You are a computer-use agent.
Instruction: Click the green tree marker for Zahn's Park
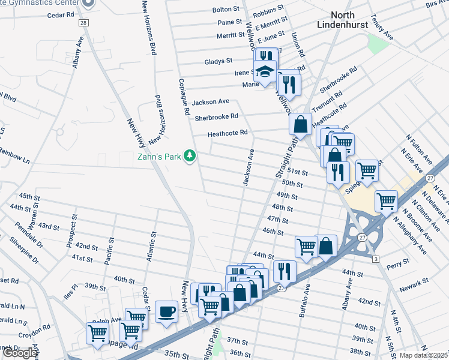[x=190, y=156]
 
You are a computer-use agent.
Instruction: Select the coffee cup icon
[x=166, y=312]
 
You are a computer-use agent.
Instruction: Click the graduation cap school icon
[x=264, y=72]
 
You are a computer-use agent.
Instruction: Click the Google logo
[x=20, y=353]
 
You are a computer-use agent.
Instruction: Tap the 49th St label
[x=287, y=195]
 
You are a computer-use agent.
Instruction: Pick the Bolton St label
[x=226, y=10]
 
